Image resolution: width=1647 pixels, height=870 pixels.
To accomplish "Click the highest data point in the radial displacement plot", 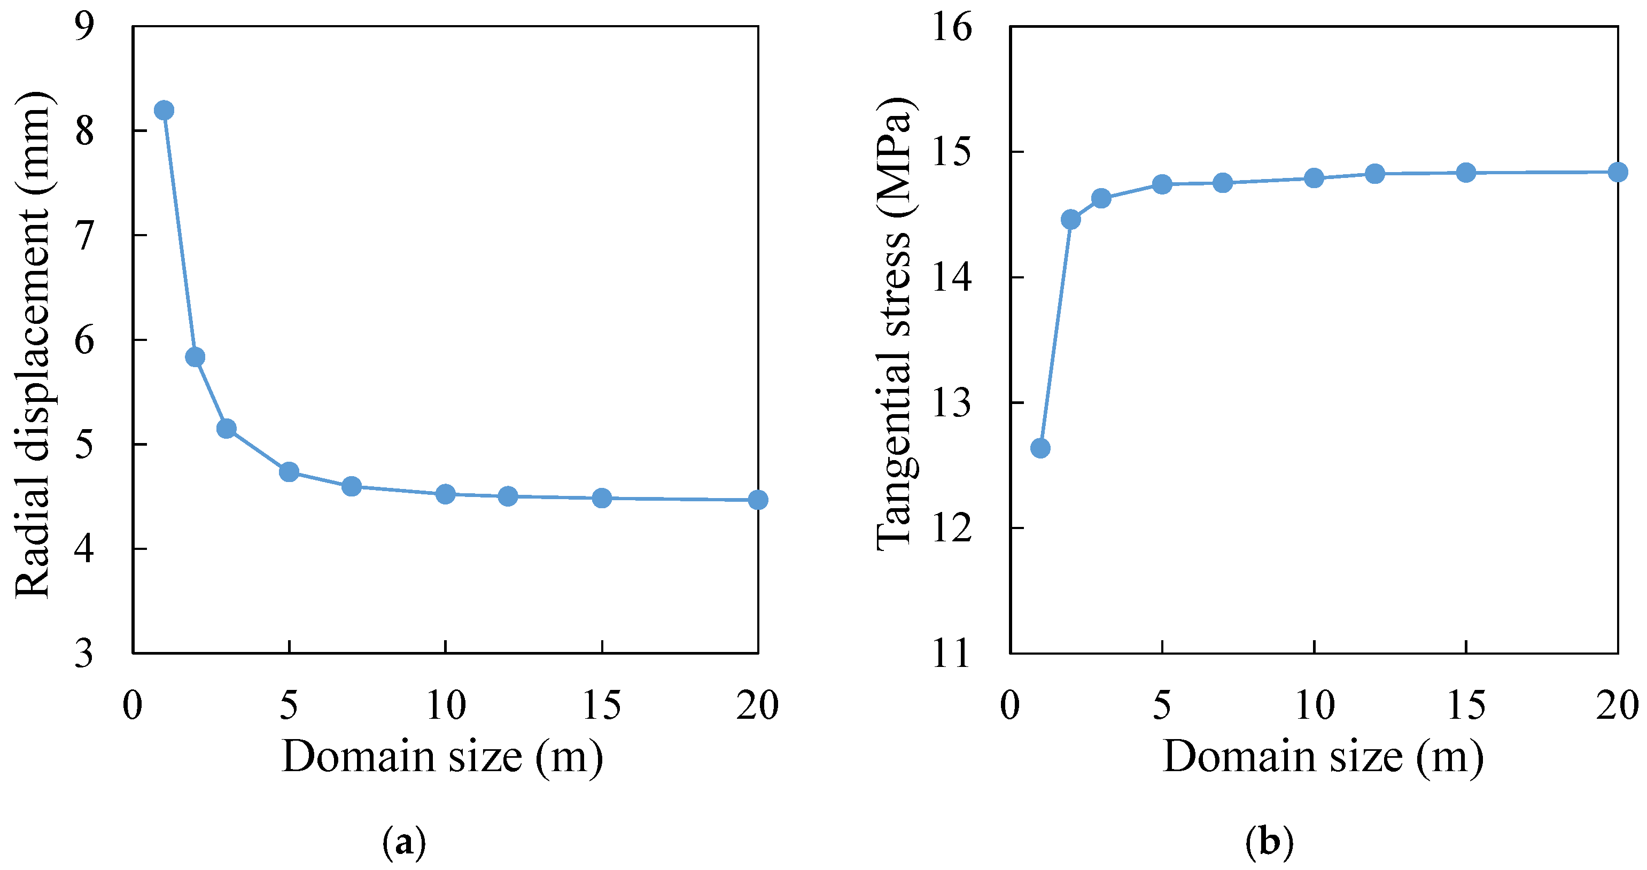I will click(x=164, y=110).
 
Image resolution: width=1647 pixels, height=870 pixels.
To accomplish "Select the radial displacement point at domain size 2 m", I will click(x=195, y=356).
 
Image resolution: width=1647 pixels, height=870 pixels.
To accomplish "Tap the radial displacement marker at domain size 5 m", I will click(x=289, y=472).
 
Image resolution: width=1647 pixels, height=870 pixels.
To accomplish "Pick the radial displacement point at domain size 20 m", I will click(x=758, y=500).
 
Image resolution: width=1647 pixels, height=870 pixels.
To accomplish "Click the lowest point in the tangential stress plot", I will click(x=1040, y=448).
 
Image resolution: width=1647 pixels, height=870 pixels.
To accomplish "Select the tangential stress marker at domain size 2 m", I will click(x=1070, y=219).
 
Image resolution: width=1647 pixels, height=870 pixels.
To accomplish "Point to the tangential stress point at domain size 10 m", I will click(x=1314, y=178).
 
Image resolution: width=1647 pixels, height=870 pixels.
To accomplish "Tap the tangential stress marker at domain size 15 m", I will click(x=1466, y=172).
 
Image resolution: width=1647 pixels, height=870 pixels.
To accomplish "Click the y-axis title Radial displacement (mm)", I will click(x=32, y=345).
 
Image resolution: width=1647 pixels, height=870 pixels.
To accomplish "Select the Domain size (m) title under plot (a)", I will click(x=442, y=757).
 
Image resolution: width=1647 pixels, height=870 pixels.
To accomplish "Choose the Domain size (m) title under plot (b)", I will click(x=1323, y=757).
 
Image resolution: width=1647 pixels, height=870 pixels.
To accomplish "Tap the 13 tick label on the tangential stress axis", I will click(x=951, y=403).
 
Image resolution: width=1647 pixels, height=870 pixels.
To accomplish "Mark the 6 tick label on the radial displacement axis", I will click(x=84, y=339).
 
